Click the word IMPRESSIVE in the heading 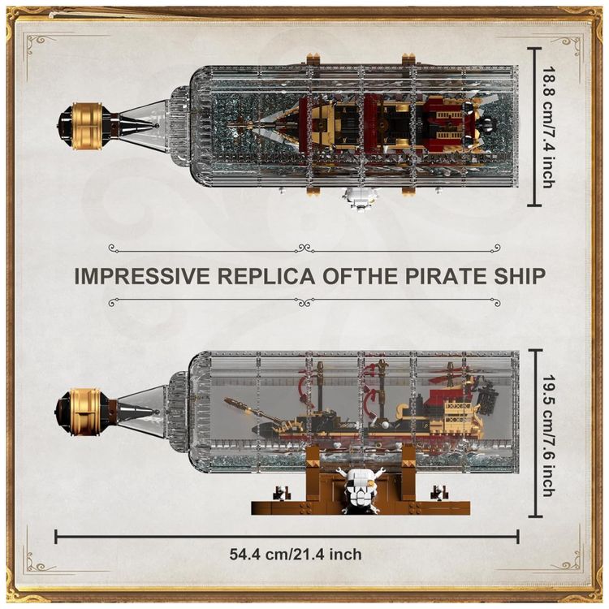click(142, 276)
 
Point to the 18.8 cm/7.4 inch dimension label click(548, 127)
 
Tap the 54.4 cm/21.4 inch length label click(296, 554)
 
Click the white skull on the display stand click(358, 491)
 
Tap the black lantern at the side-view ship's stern click(488, 398)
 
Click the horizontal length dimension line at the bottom click(287, 537)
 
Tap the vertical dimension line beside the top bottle click(535, 126)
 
